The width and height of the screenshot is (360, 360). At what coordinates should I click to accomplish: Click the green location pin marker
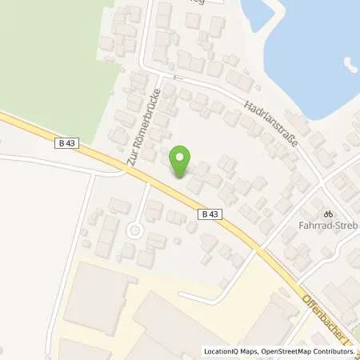coord(182,161)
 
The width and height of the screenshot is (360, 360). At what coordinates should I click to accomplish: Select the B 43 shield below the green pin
coord(209,214)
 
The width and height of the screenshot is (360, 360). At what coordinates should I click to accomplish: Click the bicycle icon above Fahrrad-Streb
coord(326,214)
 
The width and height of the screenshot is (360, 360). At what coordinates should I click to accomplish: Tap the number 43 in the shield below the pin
coord(213,214)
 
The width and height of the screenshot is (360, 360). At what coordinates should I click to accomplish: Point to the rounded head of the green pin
coord(182,156)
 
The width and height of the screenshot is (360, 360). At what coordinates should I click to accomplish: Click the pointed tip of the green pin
coord(182,177)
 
